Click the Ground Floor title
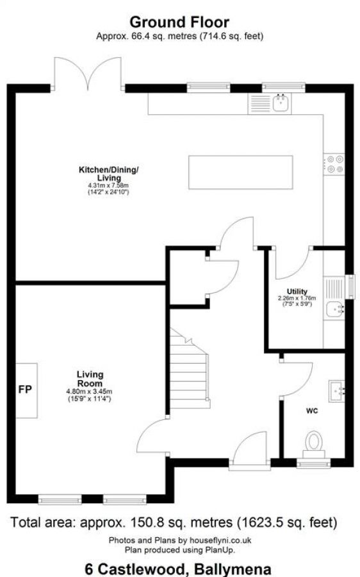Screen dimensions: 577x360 click(179, 23)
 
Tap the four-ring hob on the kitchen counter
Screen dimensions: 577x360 click(334, 163)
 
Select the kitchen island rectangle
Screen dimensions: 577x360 click(240, 171)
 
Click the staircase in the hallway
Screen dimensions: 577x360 click(190, 367)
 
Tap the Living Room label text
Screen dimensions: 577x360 click(90, 378)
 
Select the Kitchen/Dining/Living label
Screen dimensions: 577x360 click(108, 173)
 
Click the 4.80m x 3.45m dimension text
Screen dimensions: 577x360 click(90, 391)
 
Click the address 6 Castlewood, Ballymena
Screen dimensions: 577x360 click(177, 568)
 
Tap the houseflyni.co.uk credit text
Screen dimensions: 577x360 click(179, 540)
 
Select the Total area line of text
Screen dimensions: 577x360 click(174, 522)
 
